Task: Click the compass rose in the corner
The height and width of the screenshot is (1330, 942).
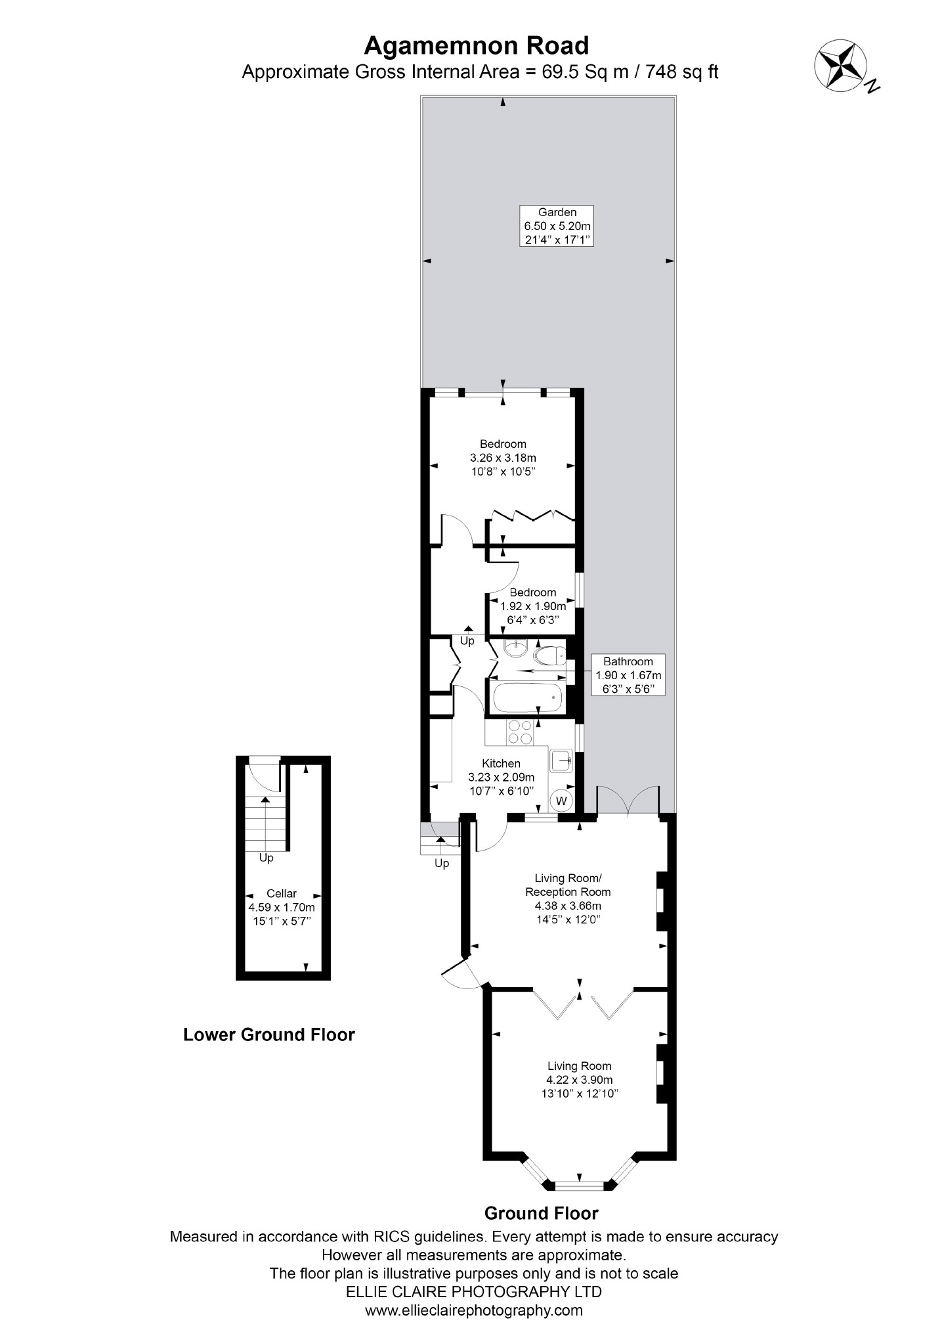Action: pyautogui.click(x=842, y=66)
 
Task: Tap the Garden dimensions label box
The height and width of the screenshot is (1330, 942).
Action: pyautogui.click(x=557, y=226)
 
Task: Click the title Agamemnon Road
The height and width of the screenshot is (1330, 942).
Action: pyautogui.click(x=476, y=46)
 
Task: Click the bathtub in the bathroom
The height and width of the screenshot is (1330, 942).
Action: pyautogui.click(x=528, y=698)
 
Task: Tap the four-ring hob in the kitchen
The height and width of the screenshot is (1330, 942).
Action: pyautogui.click(x=520, y=732)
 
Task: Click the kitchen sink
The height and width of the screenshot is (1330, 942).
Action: pyautogui.click(x=562, y=761)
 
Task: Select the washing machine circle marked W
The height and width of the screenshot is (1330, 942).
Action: pyautogui.click(x=561, y=801)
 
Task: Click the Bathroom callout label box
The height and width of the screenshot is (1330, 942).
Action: pyautogui.click(x=628, y=675)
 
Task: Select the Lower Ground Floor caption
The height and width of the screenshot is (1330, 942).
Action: pyautogui.click(x=269, y=1034)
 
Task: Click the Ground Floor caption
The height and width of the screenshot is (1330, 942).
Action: pyautogui.click(x=542, y=1212)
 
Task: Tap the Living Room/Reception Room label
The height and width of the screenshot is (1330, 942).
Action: pyautogui.click(x=568, y=885)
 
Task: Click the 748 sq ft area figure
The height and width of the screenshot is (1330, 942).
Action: pyautogui.click(x=682, y=72)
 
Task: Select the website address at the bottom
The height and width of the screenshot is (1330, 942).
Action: pyautogui.click(x=473, y=1310)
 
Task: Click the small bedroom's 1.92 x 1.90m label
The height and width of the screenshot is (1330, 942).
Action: pyautogui.click(x=533, y=606)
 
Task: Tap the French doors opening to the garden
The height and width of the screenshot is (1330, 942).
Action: pyautogui.click(x=628, y=800)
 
